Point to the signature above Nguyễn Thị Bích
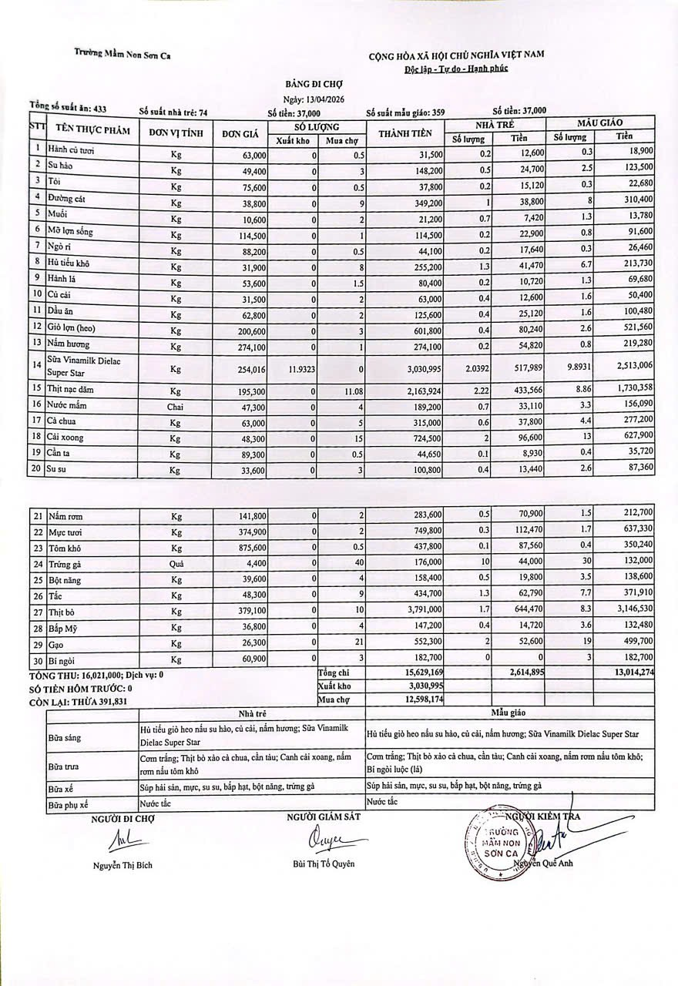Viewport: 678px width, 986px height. point(122,840)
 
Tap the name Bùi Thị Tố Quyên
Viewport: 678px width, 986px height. point(324,864)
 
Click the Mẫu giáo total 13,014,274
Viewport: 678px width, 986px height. point(626,672)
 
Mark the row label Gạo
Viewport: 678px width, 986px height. point(55,642)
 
